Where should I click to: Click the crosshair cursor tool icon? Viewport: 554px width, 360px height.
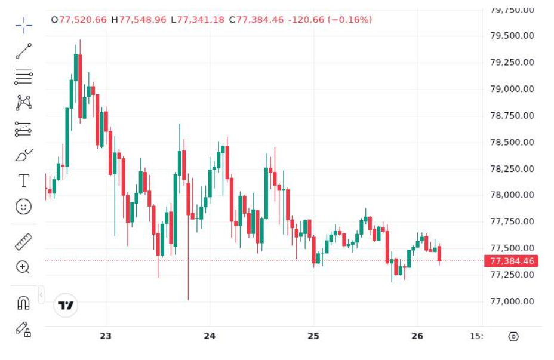tap(24, 26)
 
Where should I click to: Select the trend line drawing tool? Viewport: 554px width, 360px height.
tap(24, 51)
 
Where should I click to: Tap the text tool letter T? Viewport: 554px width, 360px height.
tap(24, 180)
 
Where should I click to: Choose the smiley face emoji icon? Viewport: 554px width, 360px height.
tap(24, 207)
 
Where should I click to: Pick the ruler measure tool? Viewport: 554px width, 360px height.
tap(24, 242)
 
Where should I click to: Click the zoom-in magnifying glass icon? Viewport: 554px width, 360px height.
tap(23, 267)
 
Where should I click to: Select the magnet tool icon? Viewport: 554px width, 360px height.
tap(24, 303)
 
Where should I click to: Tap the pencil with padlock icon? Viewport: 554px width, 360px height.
tap(23, 329)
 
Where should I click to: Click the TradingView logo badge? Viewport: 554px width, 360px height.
tap(66, 305)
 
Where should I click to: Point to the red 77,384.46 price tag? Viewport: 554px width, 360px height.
tap(511, 261)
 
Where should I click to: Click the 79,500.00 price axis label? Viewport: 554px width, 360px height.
tap(512, 36)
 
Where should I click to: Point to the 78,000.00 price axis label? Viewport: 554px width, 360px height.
tap(512, 195)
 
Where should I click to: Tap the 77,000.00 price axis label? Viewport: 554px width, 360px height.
tap(512, 301)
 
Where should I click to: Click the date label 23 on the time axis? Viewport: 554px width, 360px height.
tap(106, 336)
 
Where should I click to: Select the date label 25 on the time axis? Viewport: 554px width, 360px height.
tap(313, 336)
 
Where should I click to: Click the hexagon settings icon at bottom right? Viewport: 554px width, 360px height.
tap(513, 336)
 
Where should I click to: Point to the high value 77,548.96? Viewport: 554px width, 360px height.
tap(143, 20)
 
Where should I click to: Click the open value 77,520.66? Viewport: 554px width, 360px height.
tap(83, 20)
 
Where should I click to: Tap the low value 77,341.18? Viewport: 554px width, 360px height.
tap(201, 20)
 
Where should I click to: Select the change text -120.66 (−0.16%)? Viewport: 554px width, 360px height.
tap(330, 20)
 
